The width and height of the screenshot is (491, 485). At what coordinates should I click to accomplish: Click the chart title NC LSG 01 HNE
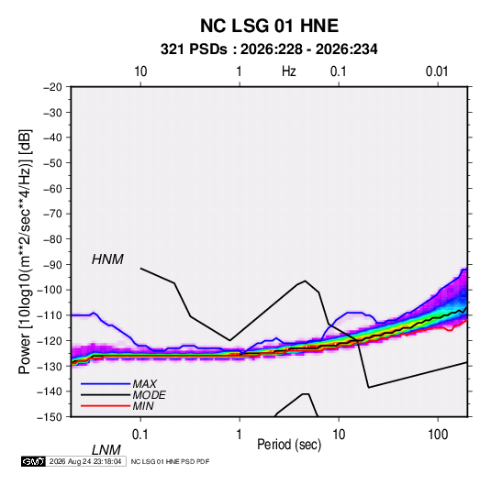click(269, 26)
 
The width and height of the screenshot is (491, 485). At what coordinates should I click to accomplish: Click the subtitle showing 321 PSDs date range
click(269, 50)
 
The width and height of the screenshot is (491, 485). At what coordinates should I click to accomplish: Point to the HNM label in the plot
click(107, 259)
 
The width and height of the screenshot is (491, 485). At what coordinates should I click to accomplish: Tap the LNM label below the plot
click(106, 450)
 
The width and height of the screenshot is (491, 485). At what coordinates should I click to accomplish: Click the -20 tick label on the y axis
click(52, 87)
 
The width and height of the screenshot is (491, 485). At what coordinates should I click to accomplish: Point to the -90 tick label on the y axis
click(52, 264)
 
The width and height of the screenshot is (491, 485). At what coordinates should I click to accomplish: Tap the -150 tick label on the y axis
click(50, 417)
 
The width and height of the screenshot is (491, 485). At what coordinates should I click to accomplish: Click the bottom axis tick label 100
click(438, 435)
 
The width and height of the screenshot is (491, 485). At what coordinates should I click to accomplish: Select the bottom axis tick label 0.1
click(140, 435)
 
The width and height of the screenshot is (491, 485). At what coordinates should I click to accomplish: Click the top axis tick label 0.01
click(437, 72)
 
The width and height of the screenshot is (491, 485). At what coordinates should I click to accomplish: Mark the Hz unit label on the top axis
click(289, 72)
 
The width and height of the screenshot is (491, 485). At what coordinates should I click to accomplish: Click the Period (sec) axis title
click(289, 445)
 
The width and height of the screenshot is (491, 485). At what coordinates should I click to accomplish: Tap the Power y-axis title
click(25, 252)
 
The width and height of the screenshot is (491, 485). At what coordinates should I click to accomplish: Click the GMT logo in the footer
click(34, 461)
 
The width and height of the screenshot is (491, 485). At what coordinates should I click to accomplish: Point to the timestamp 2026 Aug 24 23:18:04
click(85, 461)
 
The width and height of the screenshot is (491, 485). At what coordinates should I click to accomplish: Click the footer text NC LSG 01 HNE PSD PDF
click(170, 461)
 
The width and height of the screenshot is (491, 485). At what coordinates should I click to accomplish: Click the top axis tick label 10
click(140, 72)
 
